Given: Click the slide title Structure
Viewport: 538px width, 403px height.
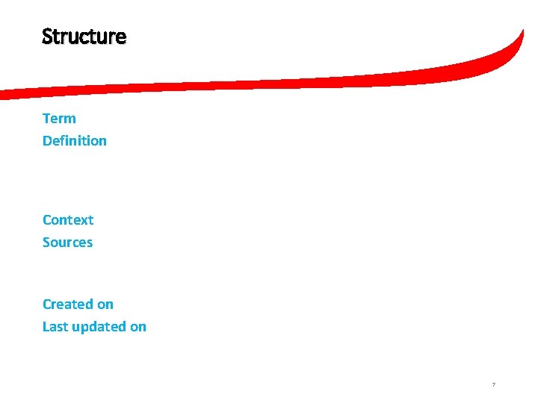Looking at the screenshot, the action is click(84, 37).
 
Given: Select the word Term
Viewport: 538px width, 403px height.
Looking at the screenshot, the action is click(59, 119).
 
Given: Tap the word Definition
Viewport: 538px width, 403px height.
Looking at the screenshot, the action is click(74, 141).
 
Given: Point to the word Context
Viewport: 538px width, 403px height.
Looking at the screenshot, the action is click(68, 220).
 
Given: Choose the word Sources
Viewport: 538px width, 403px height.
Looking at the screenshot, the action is click(67, 243).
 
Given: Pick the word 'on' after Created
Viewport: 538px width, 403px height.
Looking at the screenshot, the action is click(105, 304).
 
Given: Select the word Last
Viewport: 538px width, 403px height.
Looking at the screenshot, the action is click(54, 327).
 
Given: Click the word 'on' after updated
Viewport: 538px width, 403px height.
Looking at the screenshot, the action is click(138, 327).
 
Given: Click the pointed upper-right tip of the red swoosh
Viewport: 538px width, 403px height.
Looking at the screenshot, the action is click(522, 31).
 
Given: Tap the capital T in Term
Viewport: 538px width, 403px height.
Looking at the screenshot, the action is click(46, 119).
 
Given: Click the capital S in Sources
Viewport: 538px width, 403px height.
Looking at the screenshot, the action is click(46, 243).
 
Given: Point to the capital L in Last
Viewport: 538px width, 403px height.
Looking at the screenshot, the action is click(46, 327).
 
